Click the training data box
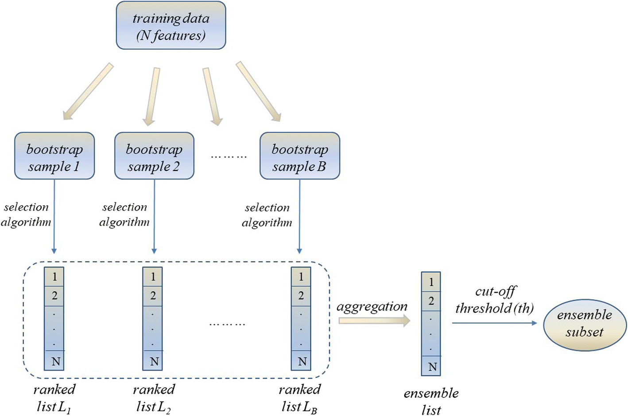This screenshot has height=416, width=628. coord(171,26)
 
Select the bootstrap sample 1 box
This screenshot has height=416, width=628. coord(54,156)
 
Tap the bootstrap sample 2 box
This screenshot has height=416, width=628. coord(154,156)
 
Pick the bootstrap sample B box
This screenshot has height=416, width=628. coord(299,156)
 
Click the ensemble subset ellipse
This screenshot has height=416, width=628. coord(585,324)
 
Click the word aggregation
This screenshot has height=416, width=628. coord(372,306)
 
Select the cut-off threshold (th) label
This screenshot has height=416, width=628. coord(495,300)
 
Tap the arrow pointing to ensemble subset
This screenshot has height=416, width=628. coord(494,323)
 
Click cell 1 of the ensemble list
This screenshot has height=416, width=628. coord(431,282)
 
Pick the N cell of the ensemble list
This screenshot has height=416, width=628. coord(431,366)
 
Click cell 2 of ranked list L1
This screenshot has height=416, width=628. coord(54,296)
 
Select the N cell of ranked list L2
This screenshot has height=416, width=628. coord(153,361)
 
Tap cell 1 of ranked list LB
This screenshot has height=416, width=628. coord(301,277)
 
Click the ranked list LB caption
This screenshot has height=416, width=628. coord(299,398)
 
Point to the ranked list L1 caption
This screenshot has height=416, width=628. coord(54,398)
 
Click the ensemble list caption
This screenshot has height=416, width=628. coord(431,401)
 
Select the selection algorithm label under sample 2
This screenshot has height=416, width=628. coord(124,215)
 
